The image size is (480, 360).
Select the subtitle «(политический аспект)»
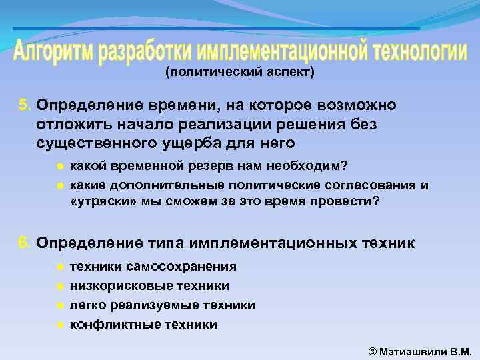point(239,73)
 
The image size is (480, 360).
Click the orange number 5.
point(25,105)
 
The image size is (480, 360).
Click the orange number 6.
point(25,243)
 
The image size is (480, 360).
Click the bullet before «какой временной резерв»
point(60,165)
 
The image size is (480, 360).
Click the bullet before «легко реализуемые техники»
point(60,305)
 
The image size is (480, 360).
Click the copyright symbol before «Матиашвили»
point(372,351)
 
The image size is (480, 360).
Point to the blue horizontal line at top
point(216,29)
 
